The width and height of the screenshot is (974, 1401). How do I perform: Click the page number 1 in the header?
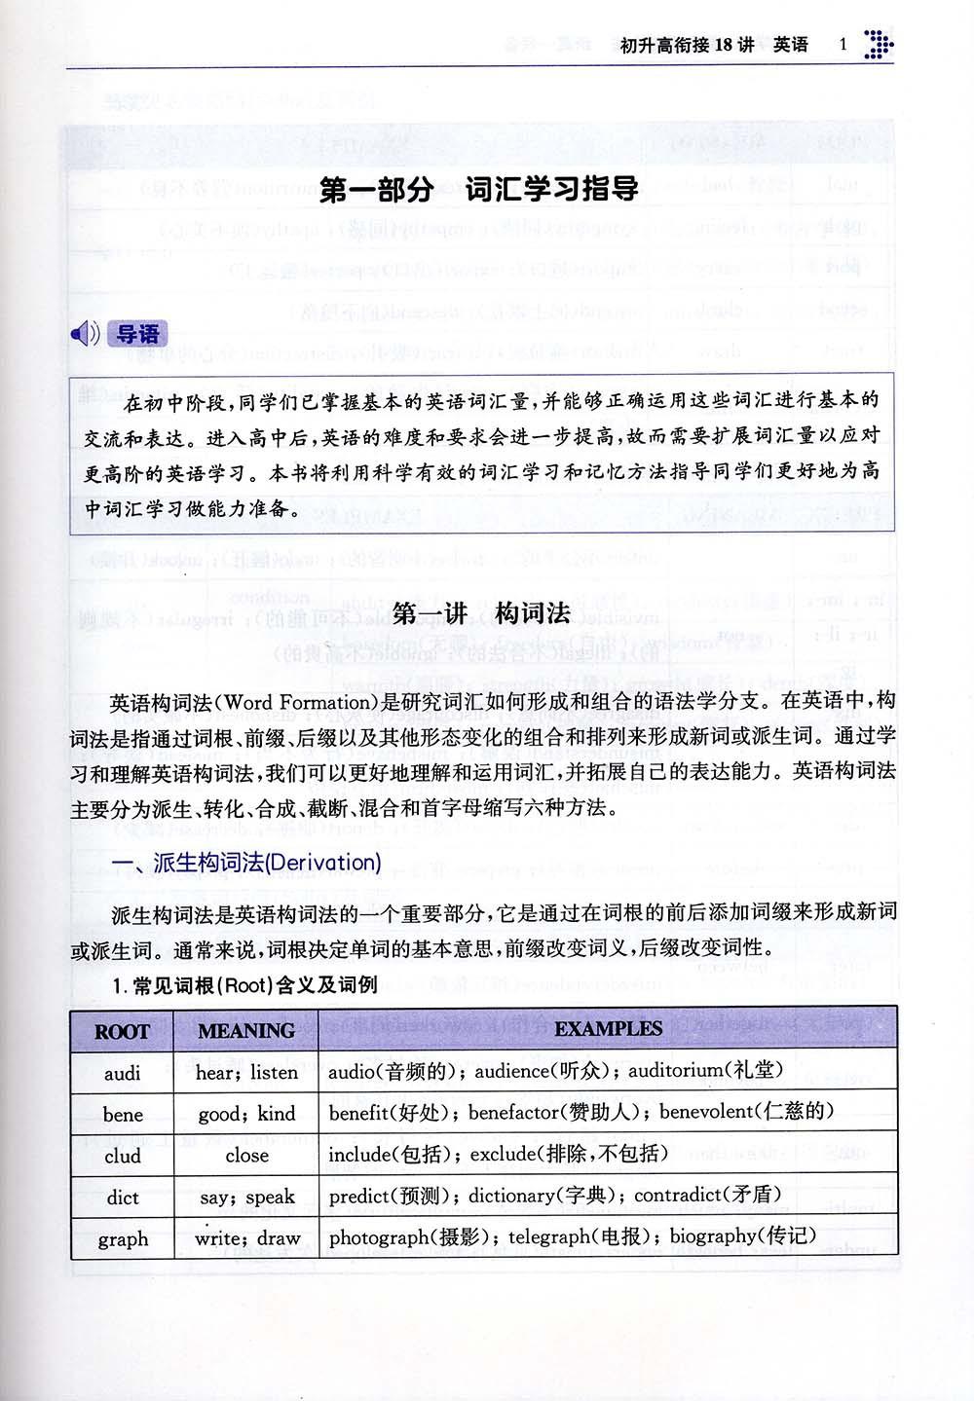click(x=843, y=44)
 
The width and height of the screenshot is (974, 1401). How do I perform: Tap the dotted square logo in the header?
click(x=879, y=44)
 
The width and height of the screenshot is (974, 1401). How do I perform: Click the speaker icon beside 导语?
click(x=85, y=334)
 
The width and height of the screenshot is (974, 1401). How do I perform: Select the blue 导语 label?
click(x=137, y=334)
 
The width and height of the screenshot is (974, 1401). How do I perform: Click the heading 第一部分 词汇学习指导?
click(x=479, y=189)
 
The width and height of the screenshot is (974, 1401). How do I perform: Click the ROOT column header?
click(x=122, y=1031)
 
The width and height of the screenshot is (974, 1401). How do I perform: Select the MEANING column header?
click(x=245, y=1031)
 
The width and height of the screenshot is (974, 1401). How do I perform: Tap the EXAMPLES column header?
click(x=608, y=1029)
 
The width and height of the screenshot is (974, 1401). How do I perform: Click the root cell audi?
click(x=122, y=1073)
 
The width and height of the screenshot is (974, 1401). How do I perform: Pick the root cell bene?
click(x=122, y=1115)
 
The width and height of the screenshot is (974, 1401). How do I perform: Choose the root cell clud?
click(x=122, y=1157)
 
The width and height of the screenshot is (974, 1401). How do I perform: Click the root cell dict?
click(x=122, y=1198)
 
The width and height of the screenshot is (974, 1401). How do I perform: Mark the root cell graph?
click(x=122, y=1239)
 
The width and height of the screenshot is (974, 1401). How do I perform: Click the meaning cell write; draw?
click(x=247, y=1238)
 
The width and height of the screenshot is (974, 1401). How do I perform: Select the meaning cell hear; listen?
click(x=247, y=1072)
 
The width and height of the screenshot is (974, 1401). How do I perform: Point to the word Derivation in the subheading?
click(x=326, y=863)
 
